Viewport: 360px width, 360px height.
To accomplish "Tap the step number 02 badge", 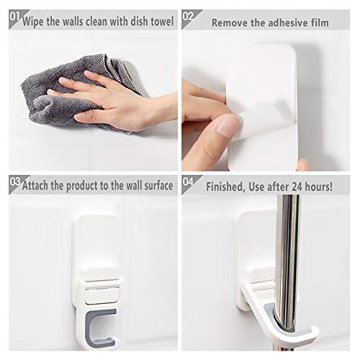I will [189, 15].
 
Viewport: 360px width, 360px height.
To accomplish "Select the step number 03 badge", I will [9, 184].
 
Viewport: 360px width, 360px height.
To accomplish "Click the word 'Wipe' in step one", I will [35, 22].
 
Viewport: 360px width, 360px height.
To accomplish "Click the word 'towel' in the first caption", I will [160, 22].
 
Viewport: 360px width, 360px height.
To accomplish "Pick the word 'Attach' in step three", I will [38, 186].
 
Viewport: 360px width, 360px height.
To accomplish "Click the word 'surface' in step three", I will [154, 186].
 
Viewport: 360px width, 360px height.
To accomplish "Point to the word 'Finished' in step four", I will [228, 186].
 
